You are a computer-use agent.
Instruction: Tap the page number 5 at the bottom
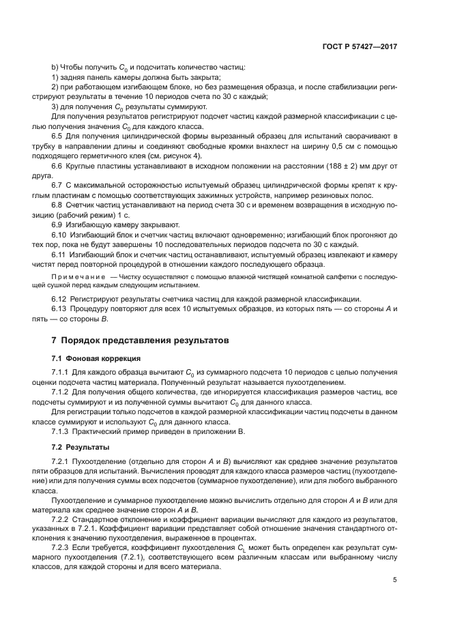[395, 580]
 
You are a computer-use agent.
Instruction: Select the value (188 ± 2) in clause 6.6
[328, 166]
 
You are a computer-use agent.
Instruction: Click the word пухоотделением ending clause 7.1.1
[312, 383]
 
